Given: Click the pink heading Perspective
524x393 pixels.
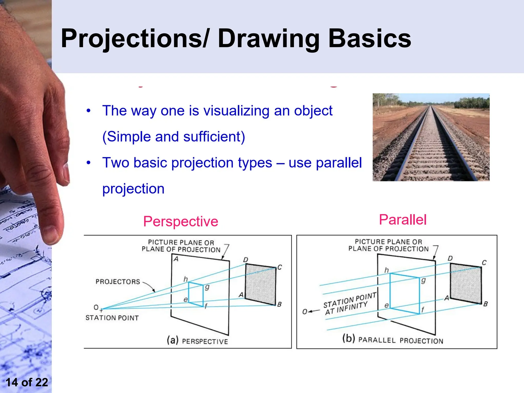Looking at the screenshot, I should click(x=180, y=221).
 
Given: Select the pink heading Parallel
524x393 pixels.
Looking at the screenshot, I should click(x=402, y=220).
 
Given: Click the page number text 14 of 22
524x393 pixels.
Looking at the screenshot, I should click(x=27, y=382).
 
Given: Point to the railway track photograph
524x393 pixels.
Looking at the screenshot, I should click(x=431, y=137).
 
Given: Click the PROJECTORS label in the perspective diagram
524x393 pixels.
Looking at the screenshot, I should click(x=118, y=282).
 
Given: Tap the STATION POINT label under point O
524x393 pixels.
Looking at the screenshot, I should click(x=112, y=318).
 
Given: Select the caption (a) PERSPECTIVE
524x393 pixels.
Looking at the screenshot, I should click(x=197, y=341).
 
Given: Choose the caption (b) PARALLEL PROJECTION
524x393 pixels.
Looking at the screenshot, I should click(x=392, y=340).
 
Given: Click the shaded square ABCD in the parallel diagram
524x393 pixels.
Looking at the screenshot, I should click(x=466, y=283).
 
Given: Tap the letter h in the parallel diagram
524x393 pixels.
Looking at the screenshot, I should click(x=386, y=270).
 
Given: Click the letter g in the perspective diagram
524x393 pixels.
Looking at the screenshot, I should click(x=207, y=287).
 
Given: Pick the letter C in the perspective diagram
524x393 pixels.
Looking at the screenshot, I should click(x=280, y=267).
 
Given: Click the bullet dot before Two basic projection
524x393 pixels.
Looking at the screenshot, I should click(x=89, y=163).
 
